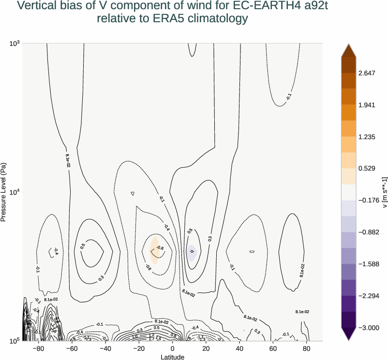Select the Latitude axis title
[172, 357]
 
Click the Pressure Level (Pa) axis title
[4, 192]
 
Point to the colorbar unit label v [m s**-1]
[385, 192]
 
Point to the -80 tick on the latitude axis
[38, 348]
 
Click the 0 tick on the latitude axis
[172, 348]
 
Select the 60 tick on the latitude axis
[273, 348]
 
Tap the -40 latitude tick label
[105, 348]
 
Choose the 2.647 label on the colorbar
[367, 73]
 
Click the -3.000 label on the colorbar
[367, 328]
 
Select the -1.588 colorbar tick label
[367, 264]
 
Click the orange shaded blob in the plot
[154, 250]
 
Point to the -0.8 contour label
[160, 248]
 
